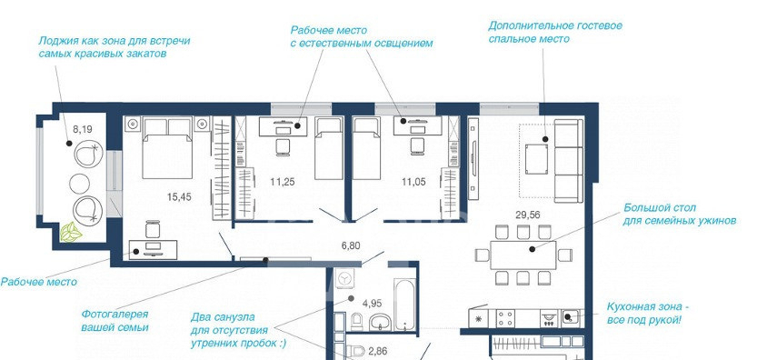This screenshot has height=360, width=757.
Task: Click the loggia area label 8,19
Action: point(82,129)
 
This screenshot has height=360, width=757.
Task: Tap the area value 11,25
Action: point(283,182)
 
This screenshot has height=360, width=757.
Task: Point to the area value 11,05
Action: point(413,182)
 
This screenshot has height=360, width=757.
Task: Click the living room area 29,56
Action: point(528,215)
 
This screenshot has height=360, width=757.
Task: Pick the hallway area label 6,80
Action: point(351,245)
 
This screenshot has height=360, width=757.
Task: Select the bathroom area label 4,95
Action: point(373,304)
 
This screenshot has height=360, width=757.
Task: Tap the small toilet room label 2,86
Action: point(378,351)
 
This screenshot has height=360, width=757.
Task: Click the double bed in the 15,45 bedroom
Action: point(167,148)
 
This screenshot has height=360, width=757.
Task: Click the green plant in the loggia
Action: point(71,232)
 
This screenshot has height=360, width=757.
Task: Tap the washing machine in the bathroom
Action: point(344,280)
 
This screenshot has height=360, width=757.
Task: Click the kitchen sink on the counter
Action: point(569,318)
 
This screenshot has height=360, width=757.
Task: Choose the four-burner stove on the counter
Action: point(506,318)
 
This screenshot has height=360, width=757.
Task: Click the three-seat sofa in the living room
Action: point(569,161)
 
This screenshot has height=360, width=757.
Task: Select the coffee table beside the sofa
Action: point(536,159)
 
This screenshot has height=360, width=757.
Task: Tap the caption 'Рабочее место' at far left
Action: point(38,282)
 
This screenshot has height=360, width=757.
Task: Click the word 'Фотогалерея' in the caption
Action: point(115,315)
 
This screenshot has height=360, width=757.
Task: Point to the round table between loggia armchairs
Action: point(80,184)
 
